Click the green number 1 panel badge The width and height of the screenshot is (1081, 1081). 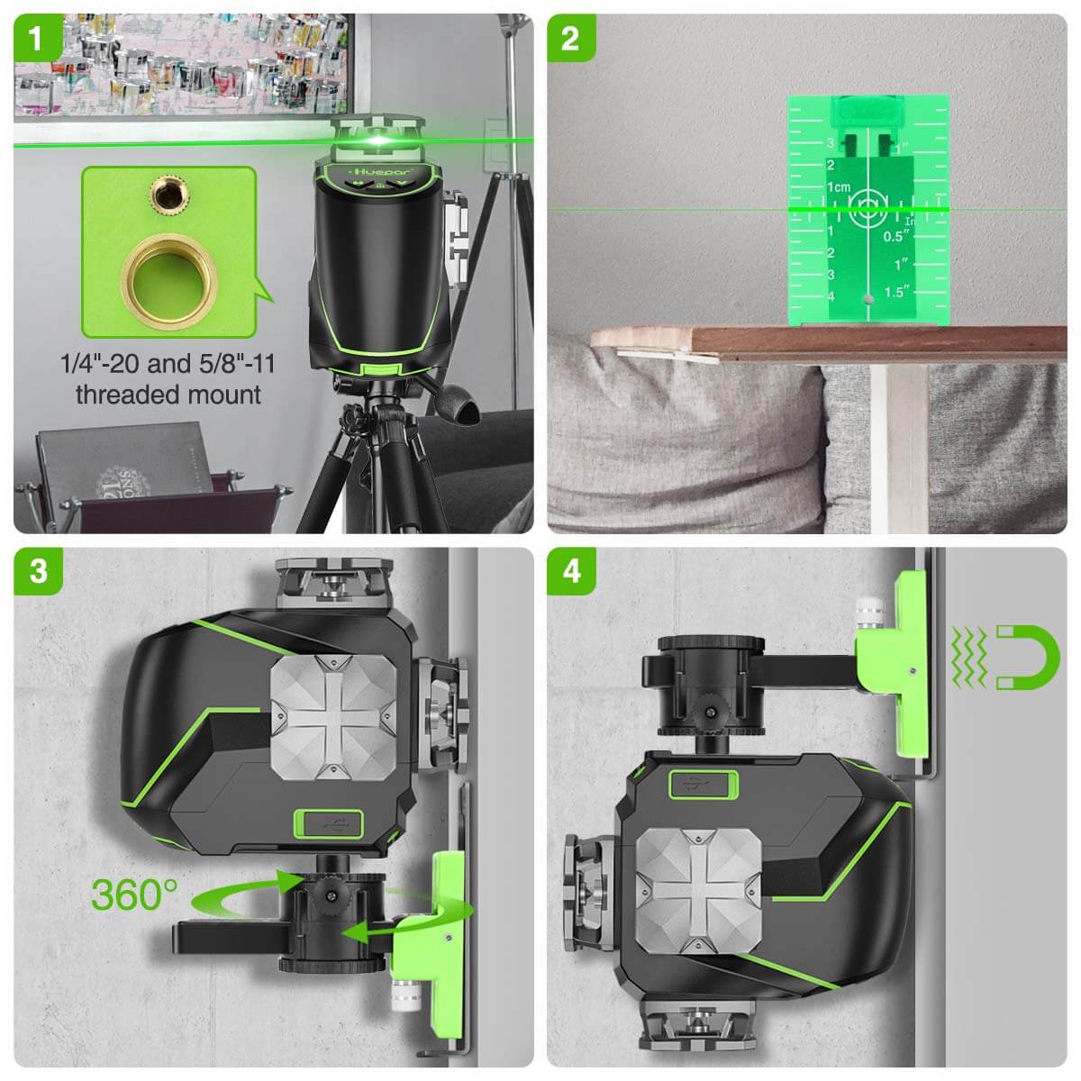coord(37,38)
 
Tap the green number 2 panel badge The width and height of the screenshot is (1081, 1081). coord(570,38)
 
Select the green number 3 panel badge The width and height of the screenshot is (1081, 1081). coord(37,570)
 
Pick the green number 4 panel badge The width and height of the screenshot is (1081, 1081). coord(570,570)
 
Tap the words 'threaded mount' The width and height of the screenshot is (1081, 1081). coord(168,395)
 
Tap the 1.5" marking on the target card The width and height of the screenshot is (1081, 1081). coord(897,291)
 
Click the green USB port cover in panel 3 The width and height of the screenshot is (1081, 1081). coord(328,822)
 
